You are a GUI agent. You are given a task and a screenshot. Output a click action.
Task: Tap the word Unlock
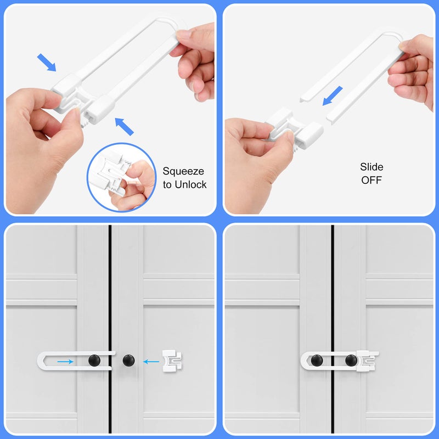[x=190, y=185]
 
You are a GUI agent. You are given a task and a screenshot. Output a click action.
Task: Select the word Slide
[x=372, y=167]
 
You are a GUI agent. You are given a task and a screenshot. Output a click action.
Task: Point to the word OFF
[x=372, y=180]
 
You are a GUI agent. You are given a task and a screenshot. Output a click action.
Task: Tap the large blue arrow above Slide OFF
[x=333, y=95]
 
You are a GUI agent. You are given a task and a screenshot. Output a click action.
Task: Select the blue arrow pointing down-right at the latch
[x=47, y=63]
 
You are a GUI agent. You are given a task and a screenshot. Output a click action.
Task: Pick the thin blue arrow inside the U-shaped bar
[x=65, y=361]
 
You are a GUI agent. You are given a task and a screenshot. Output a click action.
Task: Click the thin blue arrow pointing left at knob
[x=151, y=361]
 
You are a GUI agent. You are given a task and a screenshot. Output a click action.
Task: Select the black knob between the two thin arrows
[x=128, y=361]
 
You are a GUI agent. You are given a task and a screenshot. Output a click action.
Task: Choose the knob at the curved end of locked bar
[x=317, y=361]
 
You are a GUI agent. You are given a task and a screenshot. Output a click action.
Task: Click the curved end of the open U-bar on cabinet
[x=42, y=361]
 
